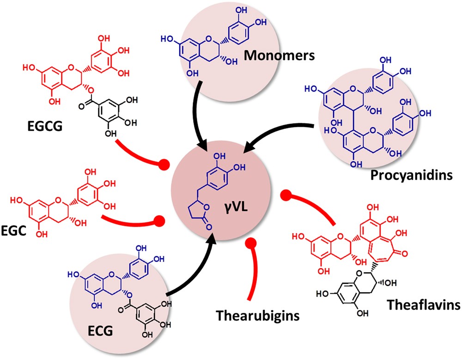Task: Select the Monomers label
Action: click(280, 56)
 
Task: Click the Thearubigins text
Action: click(257, 316)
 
